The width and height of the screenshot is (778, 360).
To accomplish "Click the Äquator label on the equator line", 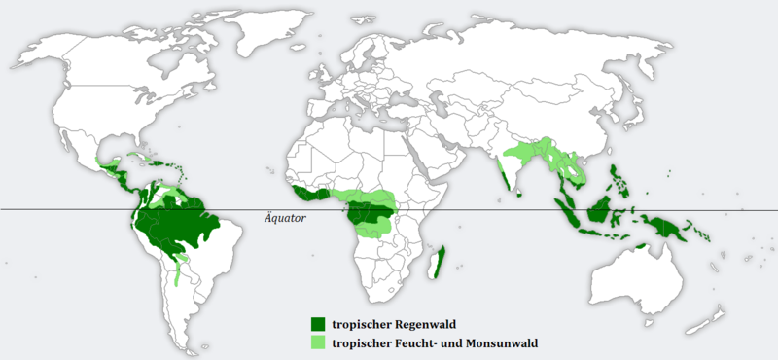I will (285, 219).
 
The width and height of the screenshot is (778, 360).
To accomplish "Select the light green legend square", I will (317, 342).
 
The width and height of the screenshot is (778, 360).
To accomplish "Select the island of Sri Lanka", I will (523, 193).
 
